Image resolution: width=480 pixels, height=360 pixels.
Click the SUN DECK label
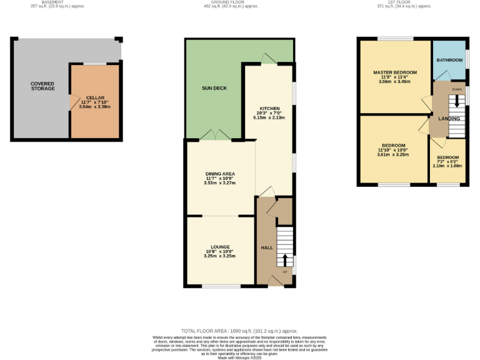click(214, 88)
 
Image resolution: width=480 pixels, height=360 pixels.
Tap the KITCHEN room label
click(269, 108)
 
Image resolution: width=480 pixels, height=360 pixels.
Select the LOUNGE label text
click(220, 246)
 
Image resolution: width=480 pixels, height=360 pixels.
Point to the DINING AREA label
click(220, 173)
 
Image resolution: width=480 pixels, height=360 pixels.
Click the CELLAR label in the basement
click(94, 97)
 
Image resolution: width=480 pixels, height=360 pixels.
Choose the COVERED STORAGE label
click(42, 86)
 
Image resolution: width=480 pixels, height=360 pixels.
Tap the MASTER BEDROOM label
click(395, 72)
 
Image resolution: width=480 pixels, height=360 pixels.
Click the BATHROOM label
click(449, 60)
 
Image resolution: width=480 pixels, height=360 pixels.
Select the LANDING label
click(449, 118)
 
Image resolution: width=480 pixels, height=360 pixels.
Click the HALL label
click(267, 248)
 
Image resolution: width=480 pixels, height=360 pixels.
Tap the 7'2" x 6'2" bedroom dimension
click(447, 162)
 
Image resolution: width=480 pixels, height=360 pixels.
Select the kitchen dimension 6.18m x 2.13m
click(269, 117)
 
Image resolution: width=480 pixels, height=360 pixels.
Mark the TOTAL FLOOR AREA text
click(239, 331)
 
